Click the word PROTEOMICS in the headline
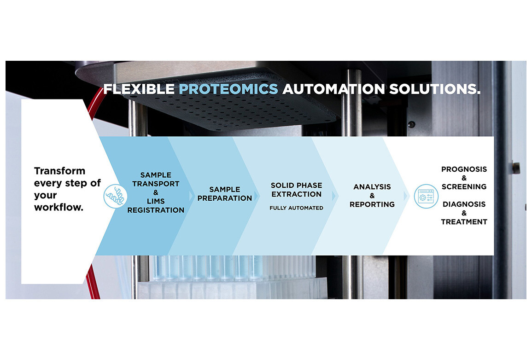click(228, 89)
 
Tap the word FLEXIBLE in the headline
click(139, 89)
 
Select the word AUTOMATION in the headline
click(333, 89)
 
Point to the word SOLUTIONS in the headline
click(435, 89)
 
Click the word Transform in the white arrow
click(60, 171)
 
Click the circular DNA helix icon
click(115, 196)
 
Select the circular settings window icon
click(426, 196)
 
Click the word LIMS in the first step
click(156, 201)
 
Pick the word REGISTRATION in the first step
click(156, 210)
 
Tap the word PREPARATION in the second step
click(225, 198)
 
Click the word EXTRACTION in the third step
click(297, 194)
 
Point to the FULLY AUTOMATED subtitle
click(297, 208)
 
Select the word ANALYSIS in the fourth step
click(372, 187)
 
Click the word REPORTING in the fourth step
click(372, 204)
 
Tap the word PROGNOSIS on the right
click(464, 169)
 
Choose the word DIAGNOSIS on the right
click(464, 204)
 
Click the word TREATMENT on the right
click(464, 222)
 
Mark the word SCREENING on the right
click(464, 187)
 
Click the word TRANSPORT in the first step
click(156, 184)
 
